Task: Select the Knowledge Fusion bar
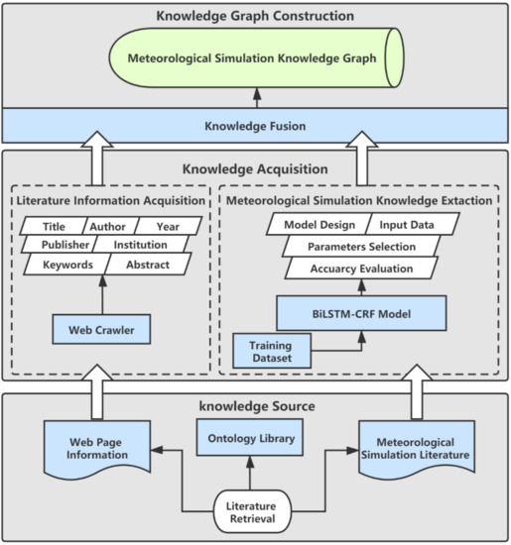point(255,126)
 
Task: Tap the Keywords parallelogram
point(66,265)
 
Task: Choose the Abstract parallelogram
point(146,265)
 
